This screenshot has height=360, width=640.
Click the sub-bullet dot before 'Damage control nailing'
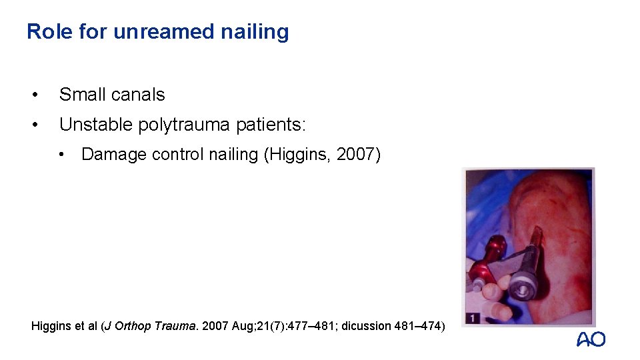click(61, 154)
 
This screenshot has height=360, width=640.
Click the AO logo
click(591, 339)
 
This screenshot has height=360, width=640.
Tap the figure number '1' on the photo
click(471, 317)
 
